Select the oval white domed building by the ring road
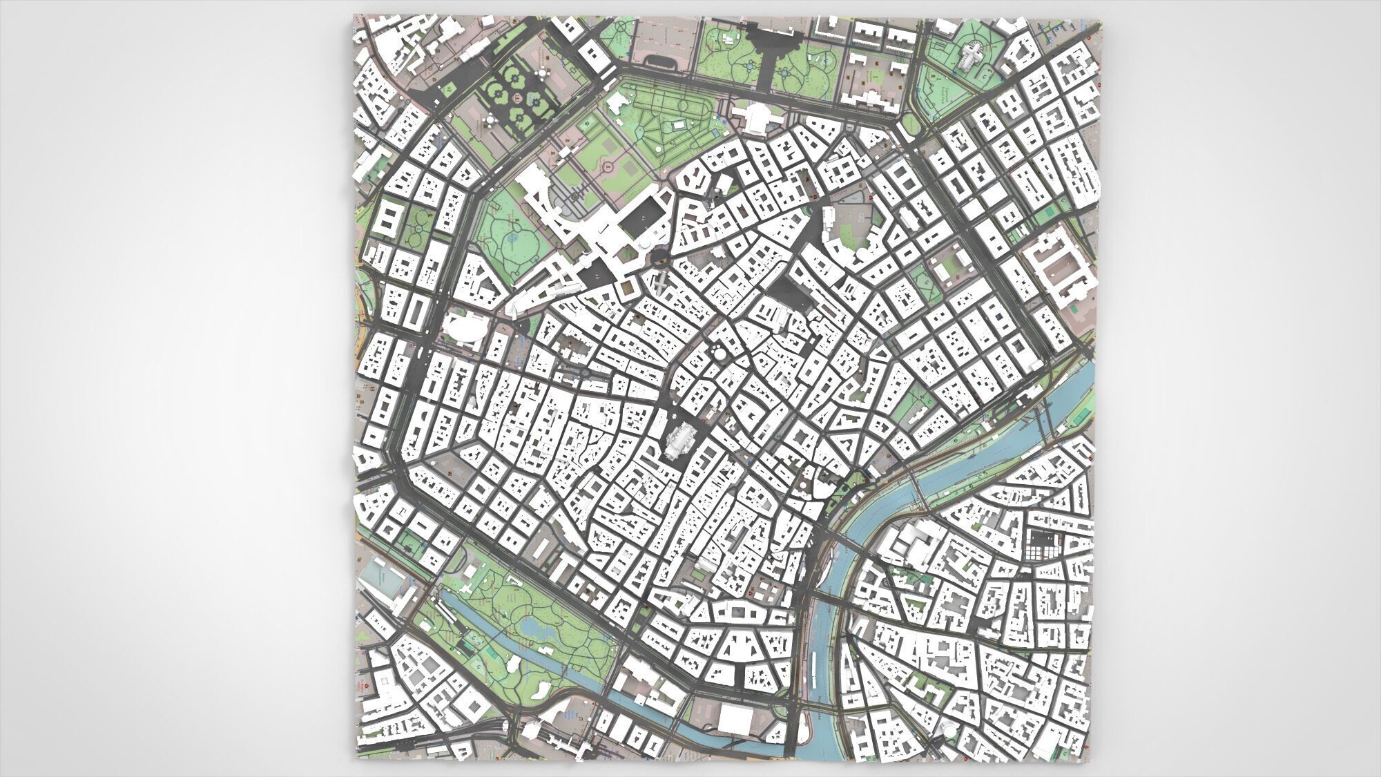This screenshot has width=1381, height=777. coord(464,329)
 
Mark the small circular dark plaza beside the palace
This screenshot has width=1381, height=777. coord(658,258)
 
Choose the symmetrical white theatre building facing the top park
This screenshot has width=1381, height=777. coord(754,117)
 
